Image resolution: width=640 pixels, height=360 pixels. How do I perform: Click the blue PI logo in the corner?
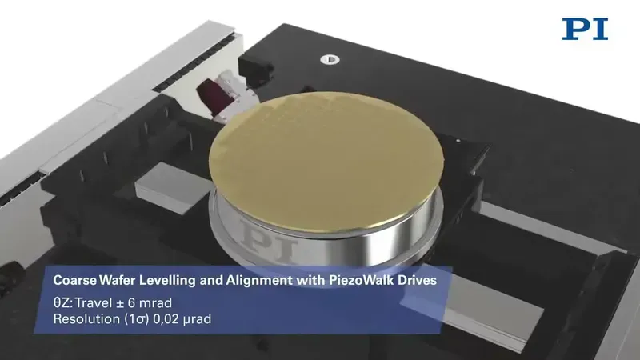pos(585,29)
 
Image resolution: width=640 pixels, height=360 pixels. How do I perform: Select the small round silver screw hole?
pos(330,59)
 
